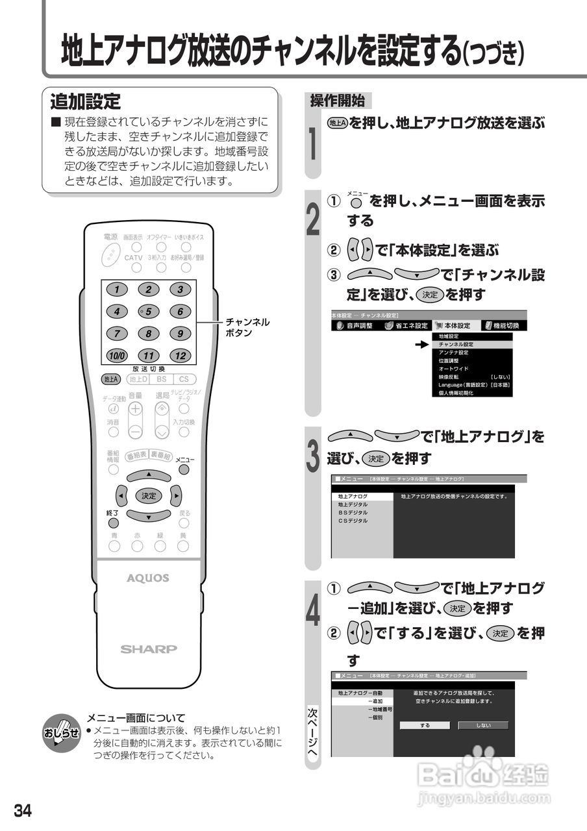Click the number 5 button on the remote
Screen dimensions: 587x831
[x=149, y=312]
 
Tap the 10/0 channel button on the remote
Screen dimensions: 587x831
[x=117, y=356]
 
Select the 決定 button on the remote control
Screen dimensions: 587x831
[x=149, y=495]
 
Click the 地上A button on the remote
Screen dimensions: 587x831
[x=111, y=379]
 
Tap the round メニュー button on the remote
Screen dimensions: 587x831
[x=184, y=469]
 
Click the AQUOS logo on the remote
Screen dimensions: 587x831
[x=149, y=578]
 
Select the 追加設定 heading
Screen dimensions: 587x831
[x=86, y=102]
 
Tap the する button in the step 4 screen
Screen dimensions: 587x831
[x=425, y=725]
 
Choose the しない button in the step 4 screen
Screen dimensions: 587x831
[x=483, y=725]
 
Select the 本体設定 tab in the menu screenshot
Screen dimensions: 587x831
[x=453, y=325]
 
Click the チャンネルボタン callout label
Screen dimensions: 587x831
[x=247, y=327]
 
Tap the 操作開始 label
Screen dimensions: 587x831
[x=338, y=101]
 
